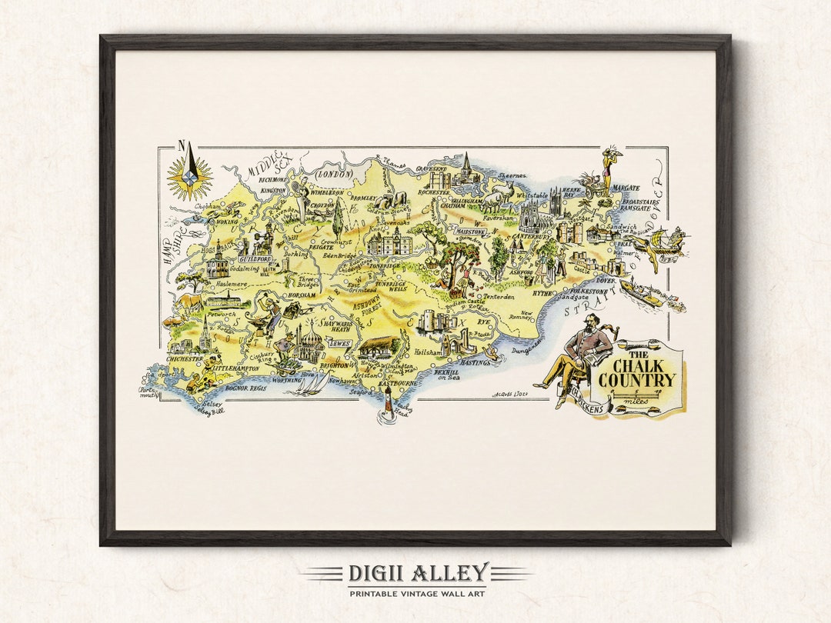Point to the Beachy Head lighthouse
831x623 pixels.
388,401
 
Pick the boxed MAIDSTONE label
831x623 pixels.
470,230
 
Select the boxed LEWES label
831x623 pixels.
339,343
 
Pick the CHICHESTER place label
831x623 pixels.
185,358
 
